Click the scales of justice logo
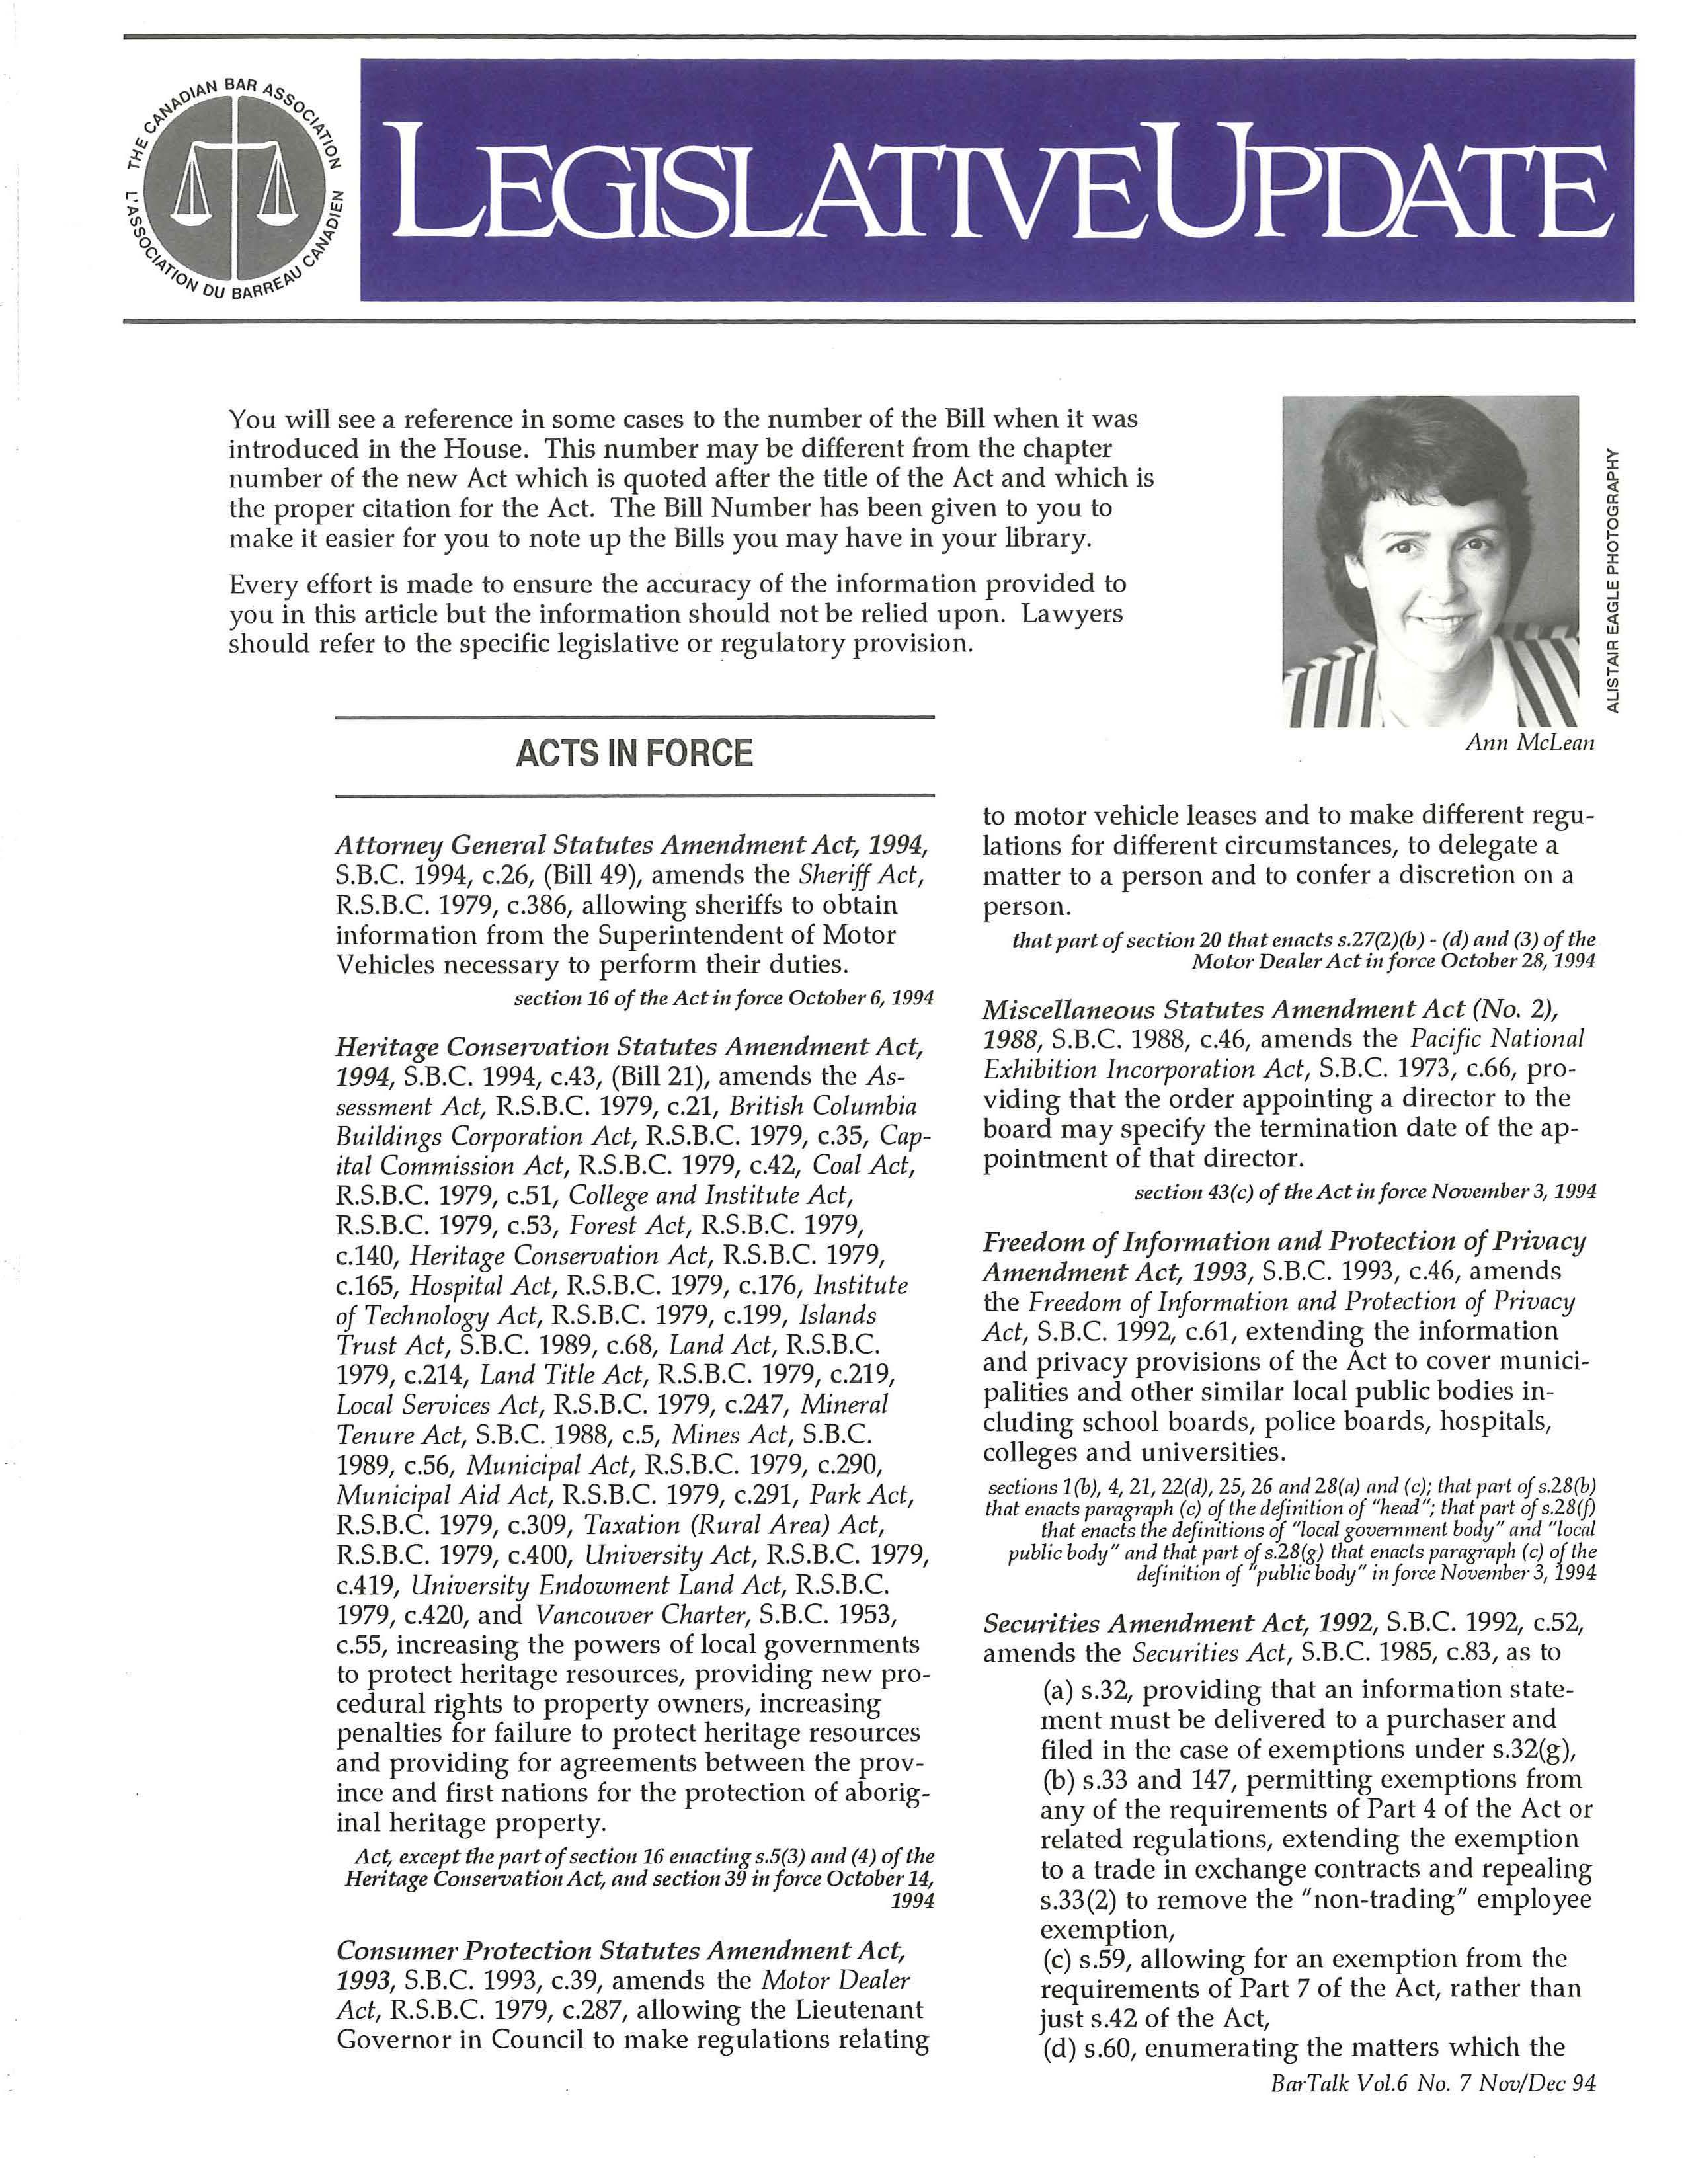[x=233, y=185]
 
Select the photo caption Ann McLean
[x=1529, y=743]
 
